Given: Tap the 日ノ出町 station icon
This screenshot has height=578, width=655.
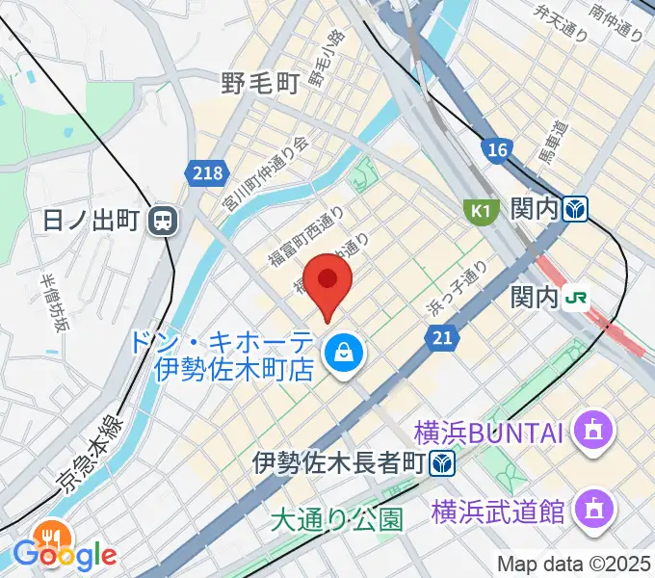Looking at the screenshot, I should tap(163, 222).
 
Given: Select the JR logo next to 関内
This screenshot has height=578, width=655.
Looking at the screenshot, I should tap(578, 299).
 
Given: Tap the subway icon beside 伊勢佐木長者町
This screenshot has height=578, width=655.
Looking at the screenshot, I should tap(443, 463).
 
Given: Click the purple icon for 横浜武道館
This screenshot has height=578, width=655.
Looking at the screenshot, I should tap(589, 508).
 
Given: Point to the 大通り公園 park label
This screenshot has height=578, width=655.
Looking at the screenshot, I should tap(335, 521).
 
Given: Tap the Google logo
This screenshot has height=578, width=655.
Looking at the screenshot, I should tap(65, 554).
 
